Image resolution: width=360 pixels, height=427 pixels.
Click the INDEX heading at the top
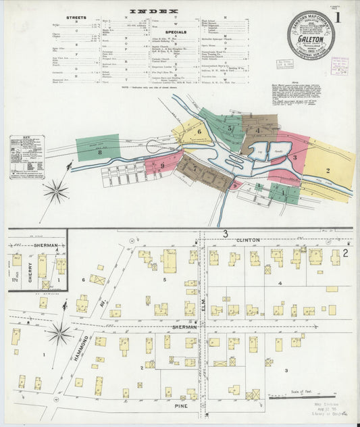(x=154, y=11)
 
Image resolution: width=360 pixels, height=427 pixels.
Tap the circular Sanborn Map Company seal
(x=311, y=34)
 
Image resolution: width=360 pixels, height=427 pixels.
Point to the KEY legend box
(x=26, y=157)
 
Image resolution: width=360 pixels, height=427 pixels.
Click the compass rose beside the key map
(x=56, y=191)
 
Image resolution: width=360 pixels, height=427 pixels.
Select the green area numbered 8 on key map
(x=98, y=148)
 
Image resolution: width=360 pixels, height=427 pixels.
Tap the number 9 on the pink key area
(x=163, y=165)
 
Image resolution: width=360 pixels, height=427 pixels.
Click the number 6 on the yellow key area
(x=199, y=132)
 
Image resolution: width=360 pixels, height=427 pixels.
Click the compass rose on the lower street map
(x=60, y=332)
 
